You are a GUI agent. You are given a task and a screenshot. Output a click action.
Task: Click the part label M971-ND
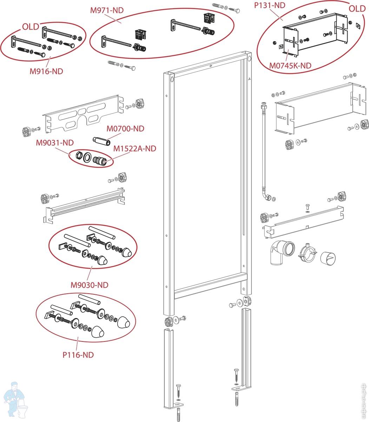[x=107, y=10]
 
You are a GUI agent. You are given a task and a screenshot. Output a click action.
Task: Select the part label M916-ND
[x=46, y=71]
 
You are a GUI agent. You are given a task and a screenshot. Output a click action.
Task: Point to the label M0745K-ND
[x=290, y=65]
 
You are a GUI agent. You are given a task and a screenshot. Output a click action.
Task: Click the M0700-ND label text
[x=125, y=129]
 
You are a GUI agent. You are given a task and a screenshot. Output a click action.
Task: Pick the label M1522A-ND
[x=134, y=148]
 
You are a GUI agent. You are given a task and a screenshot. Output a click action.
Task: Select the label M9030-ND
[x=90, y=284]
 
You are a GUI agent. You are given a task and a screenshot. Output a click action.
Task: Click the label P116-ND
[x=78, y=355]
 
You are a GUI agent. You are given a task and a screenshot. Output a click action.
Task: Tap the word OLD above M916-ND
[x=31, y=27]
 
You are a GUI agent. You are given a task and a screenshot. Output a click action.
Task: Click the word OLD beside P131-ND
[x=357, y=9]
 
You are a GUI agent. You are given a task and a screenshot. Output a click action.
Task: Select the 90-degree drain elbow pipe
[x=280, y=252]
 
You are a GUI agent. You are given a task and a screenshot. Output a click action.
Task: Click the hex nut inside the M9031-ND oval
[x=80, y=155]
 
